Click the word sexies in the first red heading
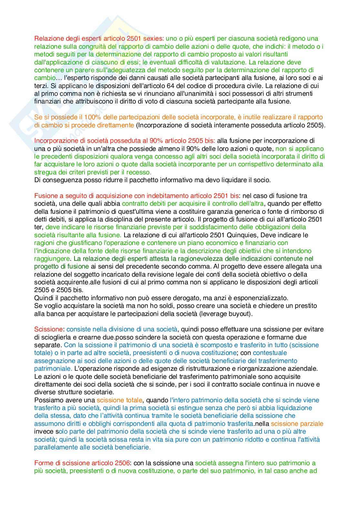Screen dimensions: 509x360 pos(154,39)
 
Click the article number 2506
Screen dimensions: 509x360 pos(122,463)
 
